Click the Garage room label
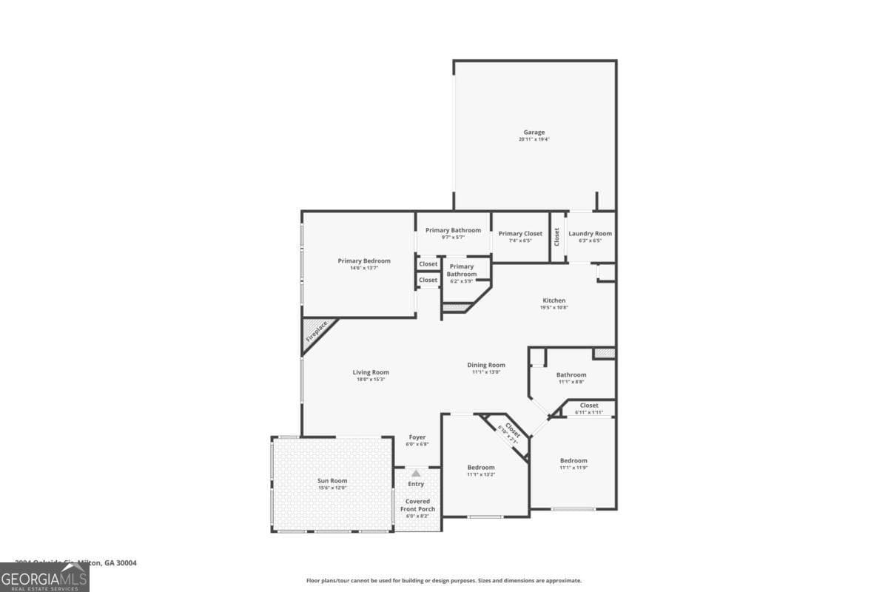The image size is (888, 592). (534, 132)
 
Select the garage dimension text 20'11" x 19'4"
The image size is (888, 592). (534, 139)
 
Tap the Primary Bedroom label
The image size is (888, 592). (364, 260)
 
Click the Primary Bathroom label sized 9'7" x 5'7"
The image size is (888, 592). (453, 230)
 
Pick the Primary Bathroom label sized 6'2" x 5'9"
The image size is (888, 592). (462, 271)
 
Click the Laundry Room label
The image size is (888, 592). (590, 234)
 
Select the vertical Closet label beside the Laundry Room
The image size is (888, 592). (557, 236)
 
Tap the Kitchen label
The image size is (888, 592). (554, 300)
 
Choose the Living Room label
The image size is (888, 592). (371, 372)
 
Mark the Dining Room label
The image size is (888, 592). (486, 365)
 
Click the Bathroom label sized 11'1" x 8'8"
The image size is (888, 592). (571, 375)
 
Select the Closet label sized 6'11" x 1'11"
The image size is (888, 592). (589, 406)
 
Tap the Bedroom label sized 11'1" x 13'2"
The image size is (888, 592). (481, 468)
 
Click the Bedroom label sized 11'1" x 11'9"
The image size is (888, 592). (573, 461)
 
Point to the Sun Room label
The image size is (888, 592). (332, 481)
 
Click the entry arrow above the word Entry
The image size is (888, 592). (416, 473)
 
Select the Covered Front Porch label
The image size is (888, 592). (417, 505)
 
